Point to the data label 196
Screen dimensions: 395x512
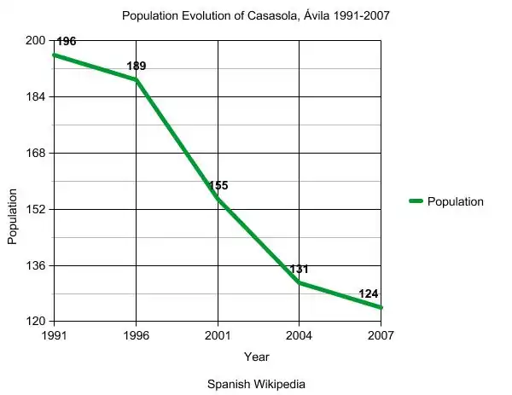point(67,41)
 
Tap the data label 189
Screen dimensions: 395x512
point(137,66)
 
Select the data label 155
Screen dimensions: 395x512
point(218,185)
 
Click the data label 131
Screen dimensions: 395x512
point(299,269)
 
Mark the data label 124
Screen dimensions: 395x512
point(369,293)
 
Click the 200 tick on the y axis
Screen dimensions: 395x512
point(36,41)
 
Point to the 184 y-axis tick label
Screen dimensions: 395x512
point(36,97)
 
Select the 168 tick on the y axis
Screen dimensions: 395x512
point(36,154)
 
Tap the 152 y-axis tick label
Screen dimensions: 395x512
point(36,209)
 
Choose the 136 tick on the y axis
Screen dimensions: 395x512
point(36,265)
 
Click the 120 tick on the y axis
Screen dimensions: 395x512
point(36,322)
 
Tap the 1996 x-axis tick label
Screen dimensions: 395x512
point(137,335)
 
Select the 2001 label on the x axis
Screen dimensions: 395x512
point(218,335)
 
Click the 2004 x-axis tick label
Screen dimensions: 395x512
point(299,335)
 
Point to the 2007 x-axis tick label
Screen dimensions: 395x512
point(380,335)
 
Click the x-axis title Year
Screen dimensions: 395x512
point(256,357)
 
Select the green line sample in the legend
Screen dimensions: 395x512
point(416,201)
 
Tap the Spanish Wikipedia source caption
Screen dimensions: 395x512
point(256,384)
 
